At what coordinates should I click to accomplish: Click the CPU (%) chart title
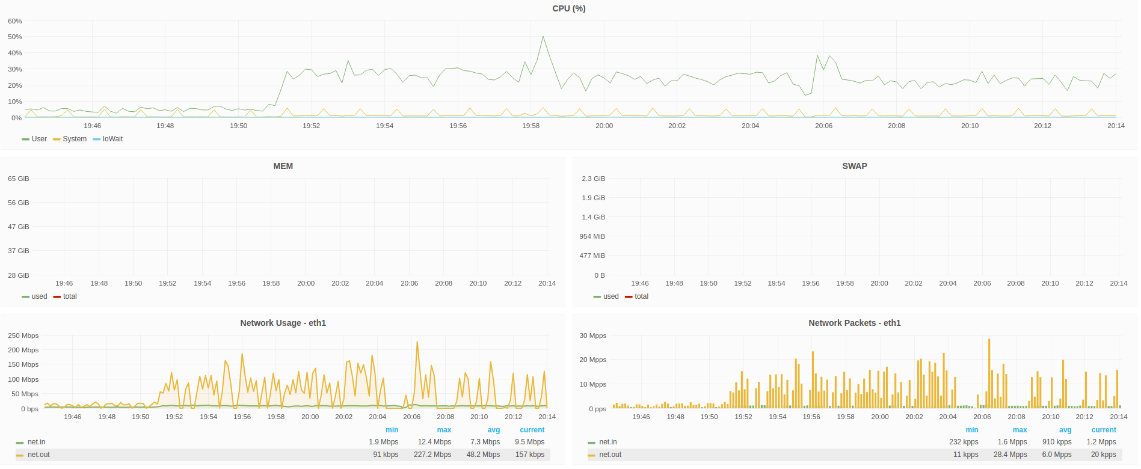coord(568,8)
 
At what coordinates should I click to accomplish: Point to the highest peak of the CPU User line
coord(543,37)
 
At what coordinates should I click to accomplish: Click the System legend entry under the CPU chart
coord(70,139)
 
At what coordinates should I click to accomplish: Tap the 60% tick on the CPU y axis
coord(15,21)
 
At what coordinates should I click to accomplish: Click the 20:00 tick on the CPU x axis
coord(604,126)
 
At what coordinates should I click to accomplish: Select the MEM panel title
coord(283,166)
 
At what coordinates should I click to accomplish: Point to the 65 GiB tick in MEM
coord(19,179)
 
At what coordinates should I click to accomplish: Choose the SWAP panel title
coord(855,166)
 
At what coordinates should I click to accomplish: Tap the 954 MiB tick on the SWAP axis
coord(592,236)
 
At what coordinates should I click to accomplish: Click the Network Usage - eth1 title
coord(283,323)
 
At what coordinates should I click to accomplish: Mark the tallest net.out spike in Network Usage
coord(417,342)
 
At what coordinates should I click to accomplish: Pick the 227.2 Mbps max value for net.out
coord(432,455)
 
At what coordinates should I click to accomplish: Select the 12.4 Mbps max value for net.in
coord(434,442)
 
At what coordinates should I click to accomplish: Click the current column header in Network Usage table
coord(532,430)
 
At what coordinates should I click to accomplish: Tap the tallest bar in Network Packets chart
coord(989,373)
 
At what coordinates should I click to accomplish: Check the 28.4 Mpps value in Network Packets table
coord(1010,455)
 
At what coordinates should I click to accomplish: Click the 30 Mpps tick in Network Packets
coord(593,336)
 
